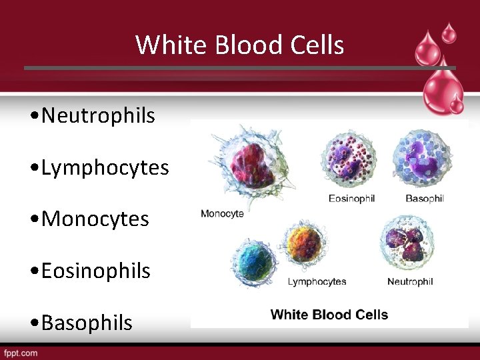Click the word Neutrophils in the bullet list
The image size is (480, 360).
[x=97, y=115]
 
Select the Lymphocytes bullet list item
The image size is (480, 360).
[x=105, y=167]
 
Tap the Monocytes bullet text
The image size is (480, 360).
[x=95, y=219]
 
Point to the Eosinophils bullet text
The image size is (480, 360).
[x=95, y=271]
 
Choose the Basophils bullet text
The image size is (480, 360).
[x=87, y=323]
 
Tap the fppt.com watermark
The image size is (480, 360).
[x=21, y=353]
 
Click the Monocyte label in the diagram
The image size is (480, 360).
[x=222, y=213]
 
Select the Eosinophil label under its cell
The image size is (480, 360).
[x=351, y=199]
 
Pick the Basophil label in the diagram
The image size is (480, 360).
[x=425, y=199]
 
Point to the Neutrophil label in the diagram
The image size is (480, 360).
[x=410, y=281]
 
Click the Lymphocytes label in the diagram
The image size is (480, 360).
[x=317, y=281]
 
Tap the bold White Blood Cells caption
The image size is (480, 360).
[x=329, y=315]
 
